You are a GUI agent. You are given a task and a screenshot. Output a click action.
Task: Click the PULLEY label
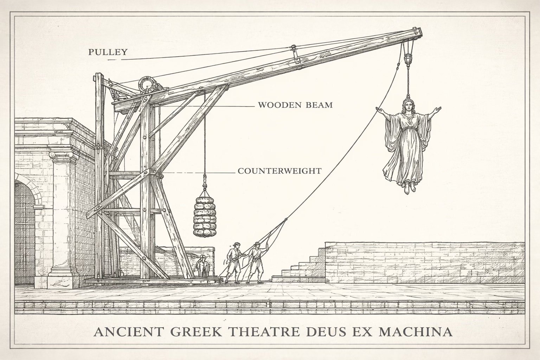tap(107, 52)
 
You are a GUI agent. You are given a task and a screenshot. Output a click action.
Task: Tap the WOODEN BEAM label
tap(295, 105)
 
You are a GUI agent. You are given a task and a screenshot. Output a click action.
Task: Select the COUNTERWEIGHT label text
tap(279, 171)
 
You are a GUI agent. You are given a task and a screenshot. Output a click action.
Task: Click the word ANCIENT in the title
tap(124, 332)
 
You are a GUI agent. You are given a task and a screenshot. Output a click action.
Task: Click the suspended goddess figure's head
tap(408, 104)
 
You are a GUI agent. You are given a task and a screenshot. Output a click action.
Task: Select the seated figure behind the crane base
tap(202, 266)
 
